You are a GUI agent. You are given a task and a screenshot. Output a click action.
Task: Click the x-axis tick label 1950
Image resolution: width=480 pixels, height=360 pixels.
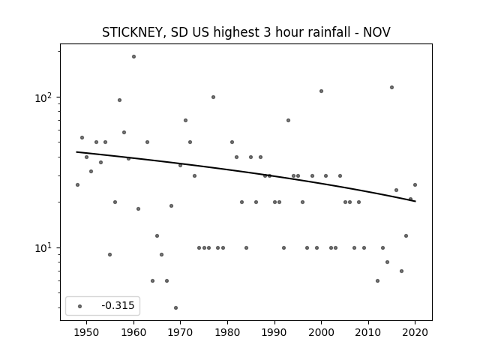[87, 332]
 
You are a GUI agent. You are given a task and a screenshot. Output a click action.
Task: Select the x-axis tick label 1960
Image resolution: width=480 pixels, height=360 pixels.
[133, 332]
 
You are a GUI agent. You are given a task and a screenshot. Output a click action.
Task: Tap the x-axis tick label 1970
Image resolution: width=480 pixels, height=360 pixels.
[180, 332]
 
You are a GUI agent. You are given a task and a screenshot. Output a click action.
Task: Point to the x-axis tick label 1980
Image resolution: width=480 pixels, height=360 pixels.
[227, 332]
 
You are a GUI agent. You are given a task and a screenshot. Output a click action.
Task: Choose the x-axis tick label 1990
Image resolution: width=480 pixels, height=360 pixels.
[274, 332]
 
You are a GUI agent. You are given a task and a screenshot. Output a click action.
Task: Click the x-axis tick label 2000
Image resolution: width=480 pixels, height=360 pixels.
[321, 332]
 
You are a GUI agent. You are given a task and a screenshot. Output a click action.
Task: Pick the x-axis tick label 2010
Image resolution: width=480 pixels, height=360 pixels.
[368, 332]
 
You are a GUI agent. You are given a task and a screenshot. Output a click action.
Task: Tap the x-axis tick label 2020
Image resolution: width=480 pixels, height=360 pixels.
[415, 332]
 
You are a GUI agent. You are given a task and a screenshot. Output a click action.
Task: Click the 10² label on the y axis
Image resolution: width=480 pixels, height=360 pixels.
[44, 97]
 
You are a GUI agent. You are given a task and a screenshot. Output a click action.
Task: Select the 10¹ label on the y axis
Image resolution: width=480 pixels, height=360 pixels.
[44, 248]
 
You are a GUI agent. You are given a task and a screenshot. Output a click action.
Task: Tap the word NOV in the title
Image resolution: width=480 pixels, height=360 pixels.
[376, 32]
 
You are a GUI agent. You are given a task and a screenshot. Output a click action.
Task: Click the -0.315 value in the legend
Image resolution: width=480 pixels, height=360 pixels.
[118, 305]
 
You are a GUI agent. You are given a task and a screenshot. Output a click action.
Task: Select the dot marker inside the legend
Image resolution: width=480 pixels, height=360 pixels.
[80, 306]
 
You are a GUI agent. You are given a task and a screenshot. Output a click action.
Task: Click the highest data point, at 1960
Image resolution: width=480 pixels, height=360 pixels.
[133, 57]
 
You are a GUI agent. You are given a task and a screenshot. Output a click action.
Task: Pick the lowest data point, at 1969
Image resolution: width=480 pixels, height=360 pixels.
[175, 307]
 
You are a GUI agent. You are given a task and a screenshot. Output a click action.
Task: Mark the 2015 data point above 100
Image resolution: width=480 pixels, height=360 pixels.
[391, 87]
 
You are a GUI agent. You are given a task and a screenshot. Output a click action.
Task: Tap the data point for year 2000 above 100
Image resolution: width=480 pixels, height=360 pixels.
[322, 91]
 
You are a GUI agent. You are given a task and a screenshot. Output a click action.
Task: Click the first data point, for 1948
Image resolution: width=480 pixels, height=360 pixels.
[77, 184]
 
